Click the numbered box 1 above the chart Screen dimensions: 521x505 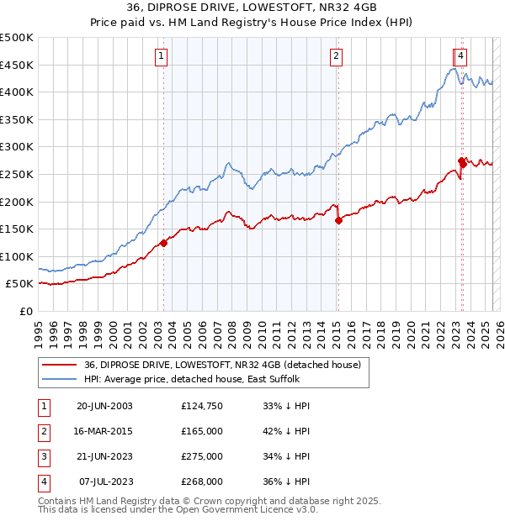point(161,56)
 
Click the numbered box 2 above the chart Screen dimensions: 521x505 point(336,56)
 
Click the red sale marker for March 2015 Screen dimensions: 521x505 point(338,221)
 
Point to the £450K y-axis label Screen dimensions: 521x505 point(17,65)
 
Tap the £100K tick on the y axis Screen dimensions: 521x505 point(17,256)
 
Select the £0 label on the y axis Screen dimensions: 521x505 point(25,312)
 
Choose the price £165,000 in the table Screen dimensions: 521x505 point(202,432)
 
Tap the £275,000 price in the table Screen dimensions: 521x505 point(202,457)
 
